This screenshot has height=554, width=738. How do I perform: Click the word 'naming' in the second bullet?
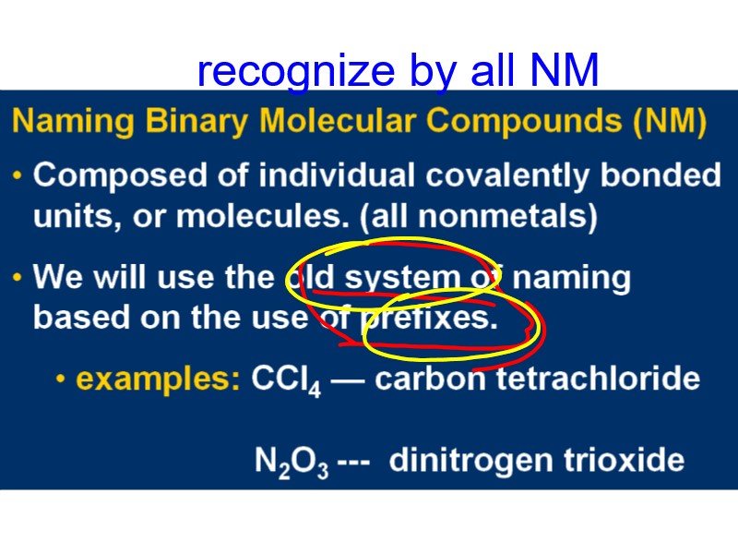572,277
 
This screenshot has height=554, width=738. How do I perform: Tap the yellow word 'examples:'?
159,379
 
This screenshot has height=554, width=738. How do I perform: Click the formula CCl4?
285,380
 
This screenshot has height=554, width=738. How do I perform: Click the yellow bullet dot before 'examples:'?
61,379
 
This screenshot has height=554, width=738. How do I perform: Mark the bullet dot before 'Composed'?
19,175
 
